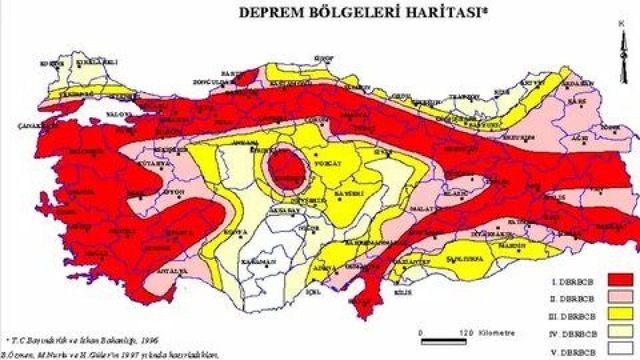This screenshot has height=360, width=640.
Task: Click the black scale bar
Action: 443,342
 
